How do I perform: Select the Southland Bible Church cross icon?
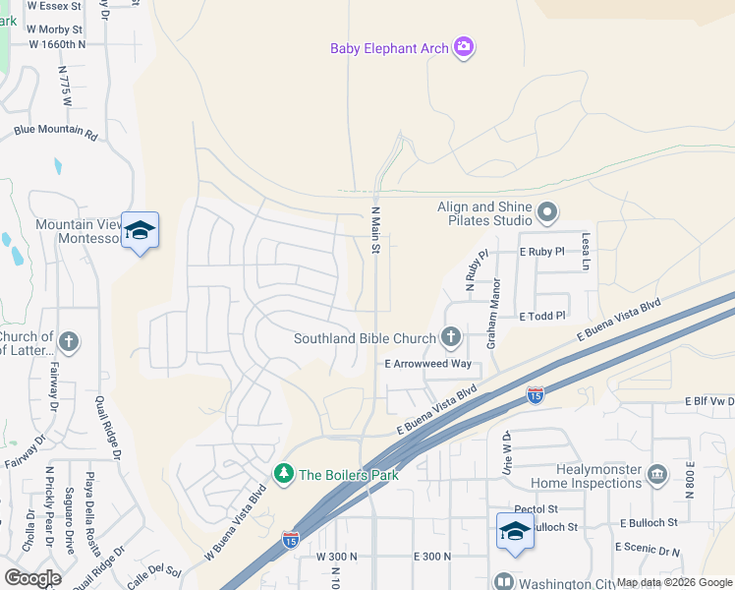coord(451,338)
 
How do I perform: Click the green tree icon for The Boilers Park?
coord(284,474)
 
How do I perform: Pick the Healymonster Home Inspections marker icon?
coord(657,475)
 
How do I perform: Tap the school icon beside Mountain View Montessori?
coord(140,230)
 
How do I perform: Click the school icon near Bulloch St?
coord(515,531)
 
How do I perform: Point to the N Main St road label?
coord(374,231)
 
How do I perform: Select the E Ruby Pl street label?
coord(541,252)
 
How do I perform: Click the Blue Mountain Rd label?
coord(56,131)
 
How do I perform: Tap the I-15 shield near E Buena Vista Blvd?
coord(535,395)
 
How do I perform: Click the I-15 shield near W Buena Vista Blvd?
coord(290,539)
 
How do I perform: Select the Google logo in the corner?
coord(32,577)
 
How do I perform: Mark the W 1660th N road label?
coord(57,44)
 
